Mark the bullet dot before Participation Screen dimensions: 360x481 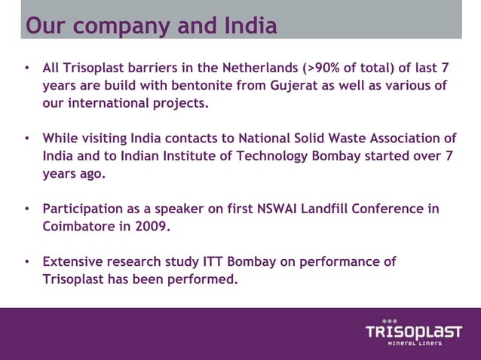[x=27, y=209]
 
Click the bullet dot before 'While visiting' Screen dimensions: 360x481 [x=27, y=139]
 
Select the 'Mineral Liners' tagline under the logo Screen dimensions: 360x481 [x=415, y=344]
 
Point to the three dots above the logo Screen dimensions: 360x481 [x=389, y=320]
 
